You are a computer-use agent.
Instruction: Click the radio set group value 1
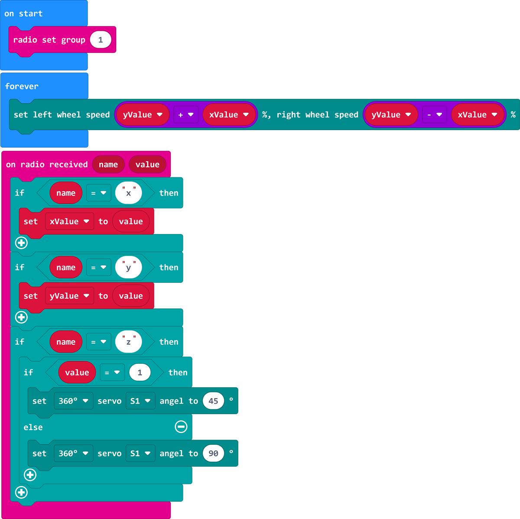[101, 40]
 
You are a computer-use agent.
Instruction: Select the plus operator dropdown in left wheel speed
[186, 115]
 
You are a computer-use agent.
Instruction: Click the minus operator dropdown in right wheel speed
[434, 115]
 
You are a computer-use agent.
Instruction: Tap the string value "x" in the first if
[128, 193]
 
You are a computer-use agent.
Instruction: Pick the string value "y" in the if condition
[128, 268]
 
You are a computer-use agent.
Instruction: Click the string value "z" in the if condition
[128, 342]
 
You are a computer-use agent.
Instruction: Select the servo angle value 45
[213, 401]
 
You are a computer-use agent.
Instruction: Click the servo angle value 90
[213, 454]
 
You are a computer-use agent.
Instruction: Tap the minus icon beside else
[181, 427]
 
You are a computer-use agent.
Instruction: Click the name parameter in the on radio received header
[108, 164]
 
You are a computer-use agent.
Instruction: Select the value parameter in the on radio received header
[147, 164]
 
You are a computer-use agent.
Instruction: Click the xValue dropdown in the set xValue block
[70, 222]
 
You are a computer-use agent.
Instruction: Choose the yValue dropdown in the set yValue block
[70, 296]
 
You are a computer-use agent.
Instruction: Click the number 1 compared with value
[140, 372]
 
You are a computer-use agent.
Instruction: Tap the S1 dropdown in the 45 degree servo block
[140, 401]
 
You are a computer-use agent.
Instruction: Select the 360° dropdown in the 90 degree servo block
[73, 454]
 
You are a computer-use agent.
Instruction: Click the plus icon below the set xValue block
[21, 243]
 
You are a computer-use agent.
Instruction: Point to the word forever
[22, 86]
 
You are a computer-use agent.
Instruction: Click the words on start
[23, 13]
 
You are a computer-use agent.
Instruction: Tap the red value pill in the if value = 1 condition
[77, 372]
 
